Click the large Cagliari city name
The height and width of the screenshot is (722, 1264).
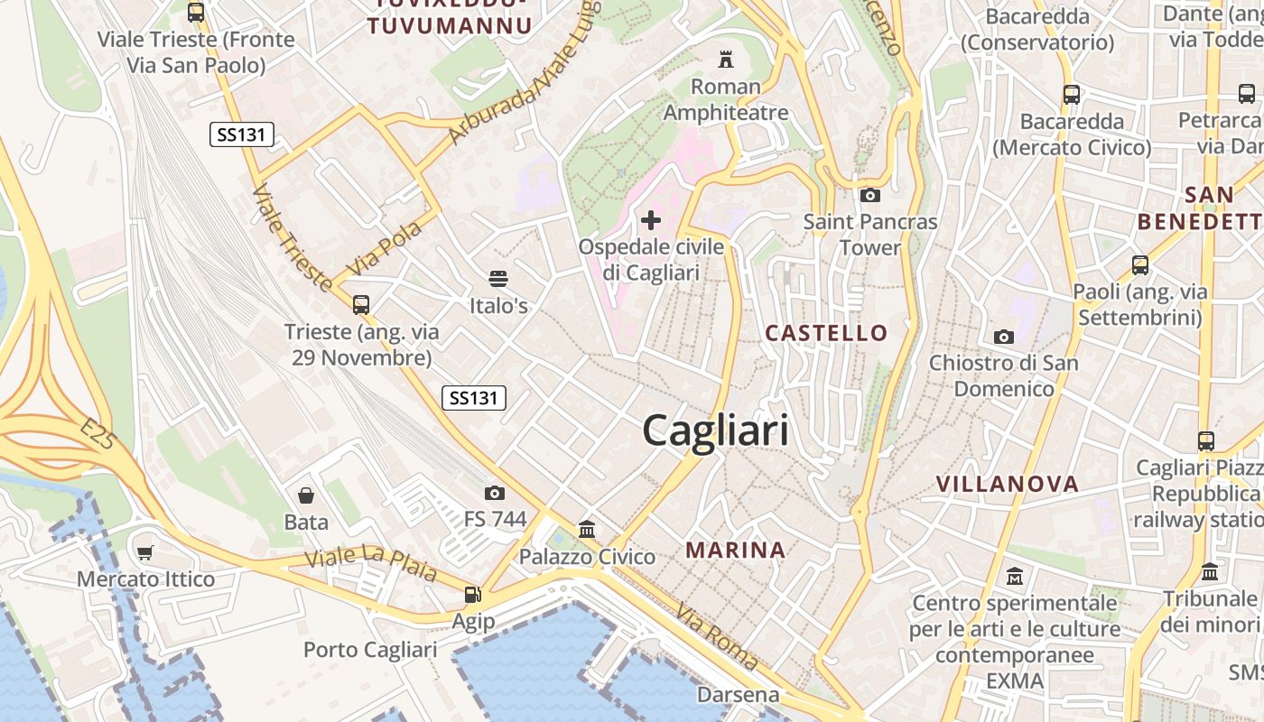pos(715,430)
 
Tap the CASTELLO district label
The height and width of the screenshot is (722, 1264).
pos(826,333)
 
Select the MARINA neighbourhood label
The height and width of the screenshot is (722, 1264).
pos(735,550)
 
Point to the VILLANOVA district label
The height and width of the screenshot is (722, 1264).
pos(1008,484)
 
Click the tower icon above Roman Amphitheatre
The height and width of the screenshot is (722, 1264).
pos(725,60)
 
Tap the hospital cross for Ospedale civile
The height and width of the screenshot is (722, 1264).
pos(650,220)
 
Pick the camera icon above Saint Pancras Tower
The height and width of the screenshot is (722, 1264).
pos(869,195)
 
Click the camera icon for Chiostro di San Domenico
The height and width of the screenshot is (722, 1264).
pos(1003,337)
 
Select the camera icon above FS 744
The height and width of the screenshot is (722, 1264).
pos(494,493)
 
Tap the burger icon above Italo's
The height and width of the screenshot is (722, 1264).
pos(497,278)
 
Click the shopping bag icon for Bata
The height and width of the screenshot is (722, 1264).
pos(306,495)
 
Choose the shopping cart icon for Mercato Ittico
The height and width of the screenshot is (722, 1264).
pos(145,552)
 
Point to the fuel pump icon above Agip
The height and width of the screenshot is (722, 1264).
pos(472,595)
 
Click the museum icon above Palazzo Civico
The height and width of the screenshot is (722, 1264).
pos(587,529)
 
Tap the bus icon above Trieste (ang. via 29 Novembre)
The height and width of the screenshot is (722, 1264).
pos(361,304)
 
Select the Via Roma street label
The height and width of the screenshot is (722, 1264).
pos(717,637)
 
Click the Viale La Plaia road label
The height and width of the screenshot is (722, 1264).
pos(371,563)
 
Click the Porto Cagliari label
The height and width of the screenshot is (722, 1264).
pos(370,650)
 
